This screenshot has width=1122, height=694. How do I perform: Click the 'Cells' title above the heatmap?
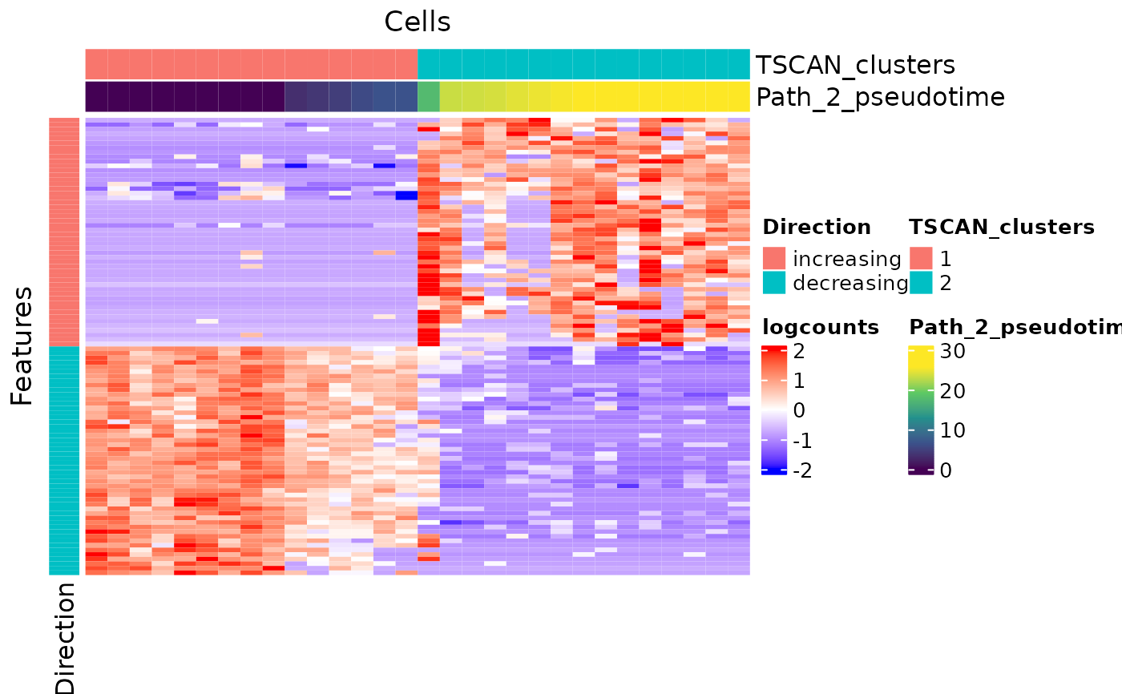[x=417, y=22]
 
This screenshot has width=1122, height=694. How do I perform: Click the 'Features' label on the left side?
[x=22, y=345]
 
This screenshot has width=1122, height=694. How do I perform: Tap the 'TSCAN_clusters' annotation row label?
[x=855, y=65]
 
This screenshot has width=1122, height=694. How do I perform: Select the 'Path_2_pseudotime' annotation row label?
[x=880, y=97]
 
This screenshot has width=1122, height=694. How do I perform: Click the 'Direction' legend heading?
[x=816, y=227]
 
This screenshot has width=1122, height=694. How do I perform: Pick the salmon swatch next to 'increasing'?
[x=773, y=258]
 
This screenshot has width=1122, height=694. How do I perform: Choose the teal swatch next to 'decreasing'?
[x=773, y=282]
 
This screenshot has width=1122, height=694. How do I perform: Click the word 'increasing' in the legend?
[x=846, y=259]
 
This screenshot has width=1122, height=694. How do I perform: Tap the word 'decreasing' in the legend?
[x=850, y=283]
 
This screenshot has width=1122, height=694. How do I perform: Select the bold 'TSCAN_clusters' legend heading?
[x=1001, y=227]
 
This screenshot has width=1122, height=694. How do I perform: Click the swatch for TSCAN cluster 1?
[x=920, y=258]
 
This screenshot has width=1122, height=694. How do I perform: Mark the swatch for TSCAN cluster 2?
[x=920, y=282]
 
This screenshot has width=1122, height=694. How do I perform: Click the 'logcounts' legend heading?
[x=821, y=327]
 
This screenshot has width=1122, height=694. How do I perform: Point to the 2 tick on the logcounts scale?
[x=799, y=351]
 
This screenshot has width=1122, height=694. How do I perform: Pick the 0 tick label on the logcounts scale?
[x=799, y=411]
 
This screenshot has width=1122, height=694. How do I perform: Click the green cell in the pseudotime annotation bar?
[x=429, y=97]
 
